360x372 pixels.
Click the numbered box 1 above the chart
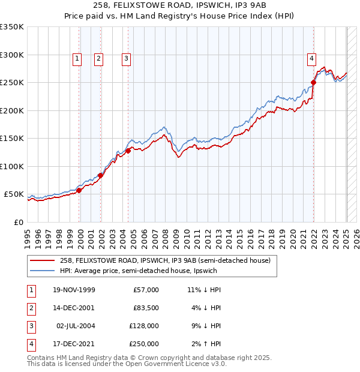77,59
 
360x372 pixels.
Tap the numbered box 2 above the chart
98,59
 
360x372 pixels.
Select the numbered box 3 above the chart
126,59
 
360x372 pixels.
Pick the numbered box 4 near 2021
311,59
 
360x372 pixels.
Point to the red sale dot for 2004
128,151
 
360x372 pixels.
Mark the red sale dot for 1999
79,190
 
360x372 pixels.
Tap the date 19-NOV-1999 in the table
73,290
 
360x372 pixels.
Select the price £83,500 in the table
146,307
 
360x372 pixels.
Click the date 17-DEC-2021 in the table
73,344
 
